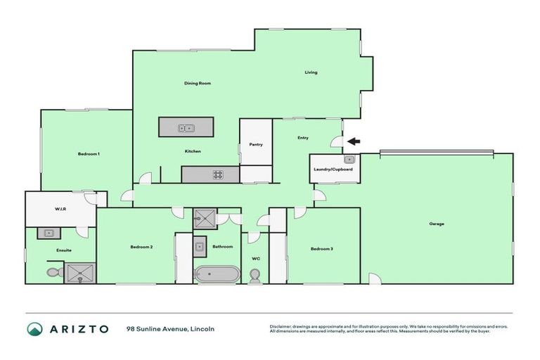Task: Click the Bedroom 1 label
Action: (x=88, y=154)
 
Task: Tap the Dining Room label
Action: (x=198, y=84)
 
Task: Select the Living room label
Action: (x=311, y=72)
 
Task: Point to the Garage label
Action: (x=437, y=224)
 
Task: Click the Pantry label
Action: (x=256, y=145)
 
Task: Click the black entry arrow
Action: (x=354, y=141)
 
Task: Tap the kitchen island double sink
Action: (x=186, y=128)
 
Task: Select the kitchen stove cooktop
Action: (x=218, y=175)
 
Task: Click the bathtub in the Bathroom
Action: (x=217, y=274)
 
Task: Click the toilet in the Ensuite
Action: (x=53, y=272)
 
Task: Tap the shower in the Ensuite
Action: (x=80, y=273)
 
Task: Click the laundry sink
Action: (x=349, y=160)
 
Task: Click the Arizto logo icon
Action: (x=34, y=329)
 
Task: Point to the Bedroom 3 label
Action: (x=321, y=249)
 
